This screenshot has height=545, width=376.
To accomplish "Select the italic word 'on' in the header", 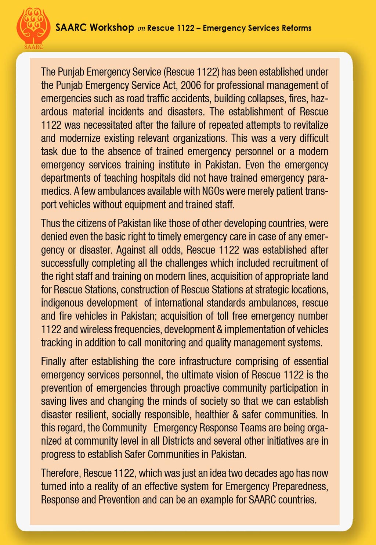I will pyautogui.click(x=141, y=29).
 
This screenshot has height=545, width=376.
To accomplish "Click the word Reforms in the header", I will pyautogui.click(x=297, y=28).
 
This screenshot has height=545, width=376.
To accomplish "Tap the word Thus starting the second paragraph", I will pyautogui.click(x=50, y=224).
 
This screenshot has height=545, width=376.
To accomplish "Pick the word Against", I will pyautogui.click(x=130, y=250).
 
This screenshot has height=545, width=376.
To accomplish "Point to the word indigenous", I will pyautogui.click(x=62, y=303).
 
